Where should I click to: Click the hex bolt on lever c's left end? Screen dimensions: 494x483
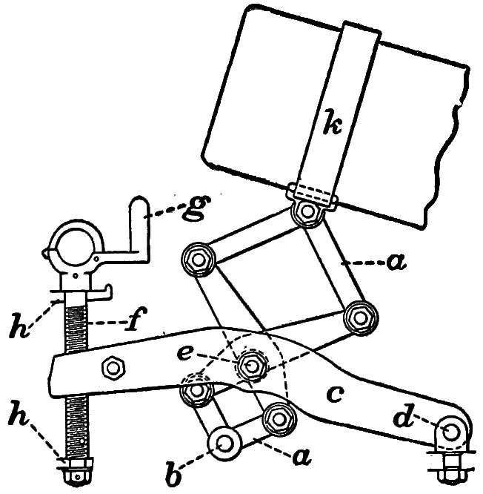(x=113, y=366)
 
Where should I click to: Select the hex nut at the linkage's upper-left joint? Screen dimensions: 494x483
(x=198, y=259)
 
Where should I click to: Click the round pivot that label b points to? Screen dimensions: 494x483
(x=224, y=443)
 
